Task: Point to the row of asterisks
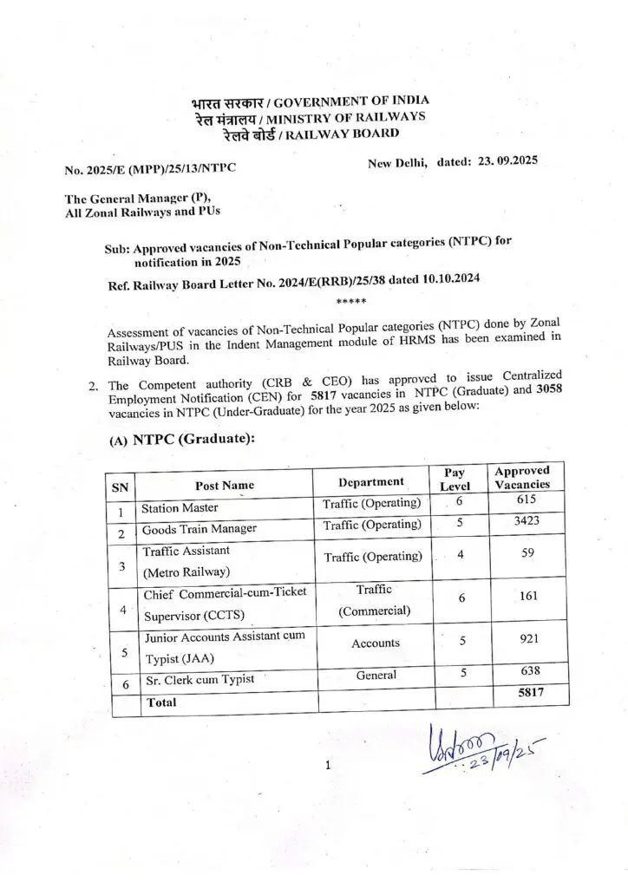tap(351, 303)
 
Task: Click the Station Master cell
tap(180, 508)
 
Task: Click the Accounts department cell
tap(376, 643)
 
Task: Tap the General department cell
tap(376, 675)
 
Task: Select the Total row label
tap(161, 703)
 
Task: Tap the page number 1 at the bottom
tap(328, 766)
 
